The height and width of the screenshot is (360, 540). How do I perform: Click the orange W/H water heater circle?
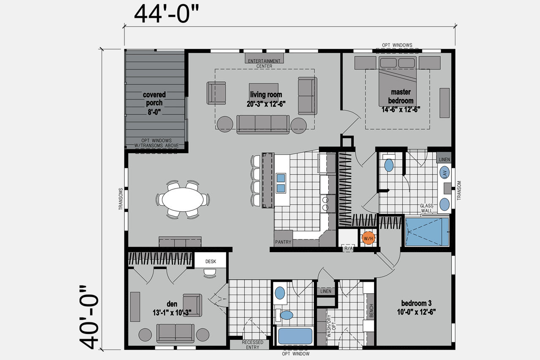coord(368,238)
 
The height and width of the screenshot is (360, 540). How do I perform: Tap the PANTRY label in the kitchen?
coord(283,242)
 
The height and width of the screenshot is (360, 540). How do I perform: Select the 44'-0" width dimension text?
coord(167,14)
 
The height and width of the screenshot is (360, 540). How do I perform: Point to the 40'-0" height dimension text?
coord(89,317)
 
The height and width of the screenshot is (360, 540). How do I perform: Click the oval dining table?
coord(183,199)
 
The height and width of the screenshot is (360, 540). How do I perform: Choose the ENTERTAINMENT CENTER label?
coord(264,64)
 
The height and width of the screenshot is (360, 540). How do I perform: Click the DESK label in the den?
coord(211,261)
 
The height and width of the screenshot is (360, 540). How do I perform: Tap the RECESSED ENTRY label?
coord(252,344)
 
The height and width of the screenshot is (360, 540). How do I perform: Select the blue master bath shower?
coord(427,232)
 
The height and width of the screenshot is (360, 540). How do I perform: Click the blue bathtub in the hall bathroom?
coord(295,336)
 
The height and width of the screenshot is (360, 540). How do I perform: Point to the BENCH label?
coord(371,311)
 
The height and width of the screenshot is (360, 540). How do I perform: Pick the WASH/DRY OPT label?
coord(331,326)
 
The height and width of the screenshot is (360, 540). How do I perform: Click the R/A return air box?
coord(348,248)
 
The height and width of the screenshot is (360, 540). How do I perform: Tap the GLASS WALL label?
coord(427,208)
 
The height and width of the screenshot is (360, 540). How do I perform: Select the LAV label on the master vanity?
coord(445,172)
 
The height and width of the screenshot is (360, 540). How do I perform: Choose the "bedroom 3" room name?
coord(416,303)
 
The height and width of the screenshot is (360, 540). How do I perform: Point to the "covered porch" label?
coord(154,99)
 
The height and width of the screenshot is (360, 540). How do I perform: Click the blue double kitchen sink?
coord(281,183)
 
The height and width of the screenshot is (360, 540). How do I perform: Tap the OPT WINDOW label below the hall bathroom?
coord(296,354)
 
